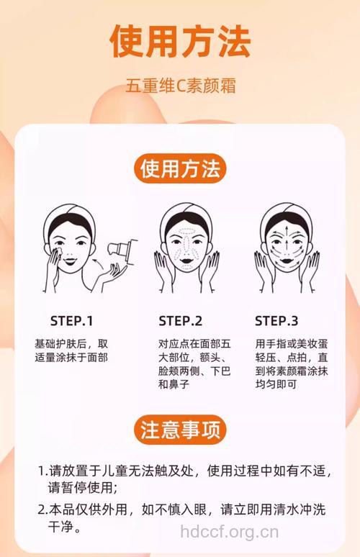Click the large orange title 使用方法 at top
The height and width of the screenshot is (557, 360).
coord(180,41)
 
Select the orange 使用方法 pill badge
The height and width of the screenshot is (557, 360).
coord(180,170)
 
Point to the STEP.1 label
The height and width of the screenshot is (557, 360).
coord(71,321)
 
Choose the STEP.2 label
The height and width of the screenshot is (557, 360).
coord(180,321)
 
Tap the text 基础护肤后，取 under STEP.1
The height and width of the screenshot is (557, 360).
coord(71,343)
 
